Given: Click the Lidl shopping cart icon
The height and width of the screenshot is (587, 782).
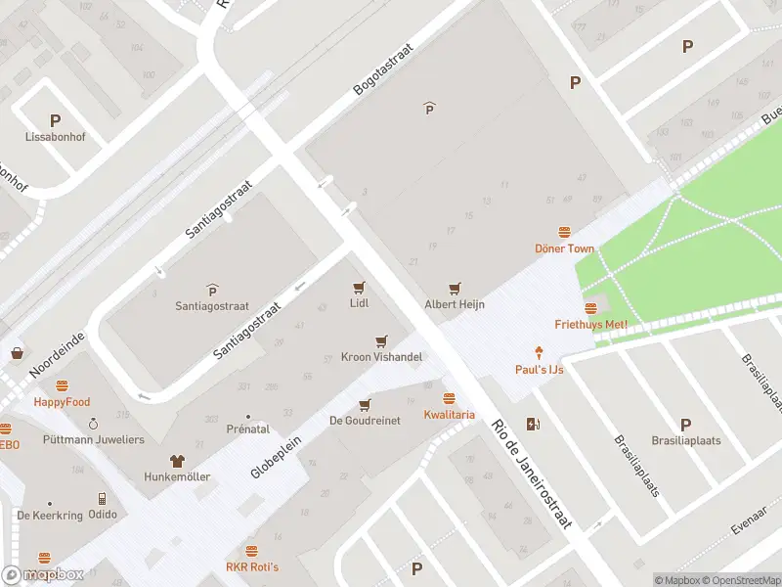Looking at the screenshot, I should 359,288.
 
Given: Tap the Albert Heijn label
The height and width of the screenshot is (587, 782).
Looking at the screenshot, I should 455,304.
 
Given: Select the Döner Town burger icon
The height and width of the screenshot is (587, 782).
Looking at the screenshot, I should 564,232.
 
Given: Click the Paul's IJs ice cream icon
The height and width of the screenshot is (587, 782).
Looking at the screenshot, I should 539,352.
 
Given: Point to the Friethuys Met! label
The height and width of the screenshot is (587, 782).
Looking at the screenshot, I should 590,324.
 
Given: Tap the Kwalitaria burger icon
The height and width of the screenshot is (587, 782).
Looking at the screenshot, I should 449,398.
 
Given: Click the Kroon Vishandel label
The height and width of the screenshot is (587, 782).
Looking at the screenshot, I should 381,357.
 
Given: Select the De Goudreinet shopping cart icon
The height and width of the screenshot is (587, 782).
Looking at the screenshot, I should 366,404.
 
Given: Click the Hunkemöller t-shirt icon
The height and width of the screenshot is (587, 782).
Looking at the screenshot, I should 177,460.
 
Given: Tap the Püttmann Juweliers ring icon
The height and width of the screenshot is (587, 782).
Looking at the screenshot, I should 93,424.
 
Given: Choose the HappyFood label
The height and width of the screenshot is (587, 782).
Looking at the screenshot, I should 62,402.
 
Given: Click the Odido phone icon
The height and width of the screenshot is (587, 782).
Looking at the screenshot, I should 103,498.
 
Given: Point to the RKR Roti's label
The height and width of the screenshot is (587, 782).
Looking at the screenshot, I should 252,566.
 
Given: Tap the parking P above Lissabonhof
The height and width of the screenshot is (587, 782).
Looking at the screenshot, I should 55,121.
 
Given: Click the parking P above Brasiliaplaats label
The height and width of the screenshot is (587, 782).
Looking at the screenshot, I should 685,425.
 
